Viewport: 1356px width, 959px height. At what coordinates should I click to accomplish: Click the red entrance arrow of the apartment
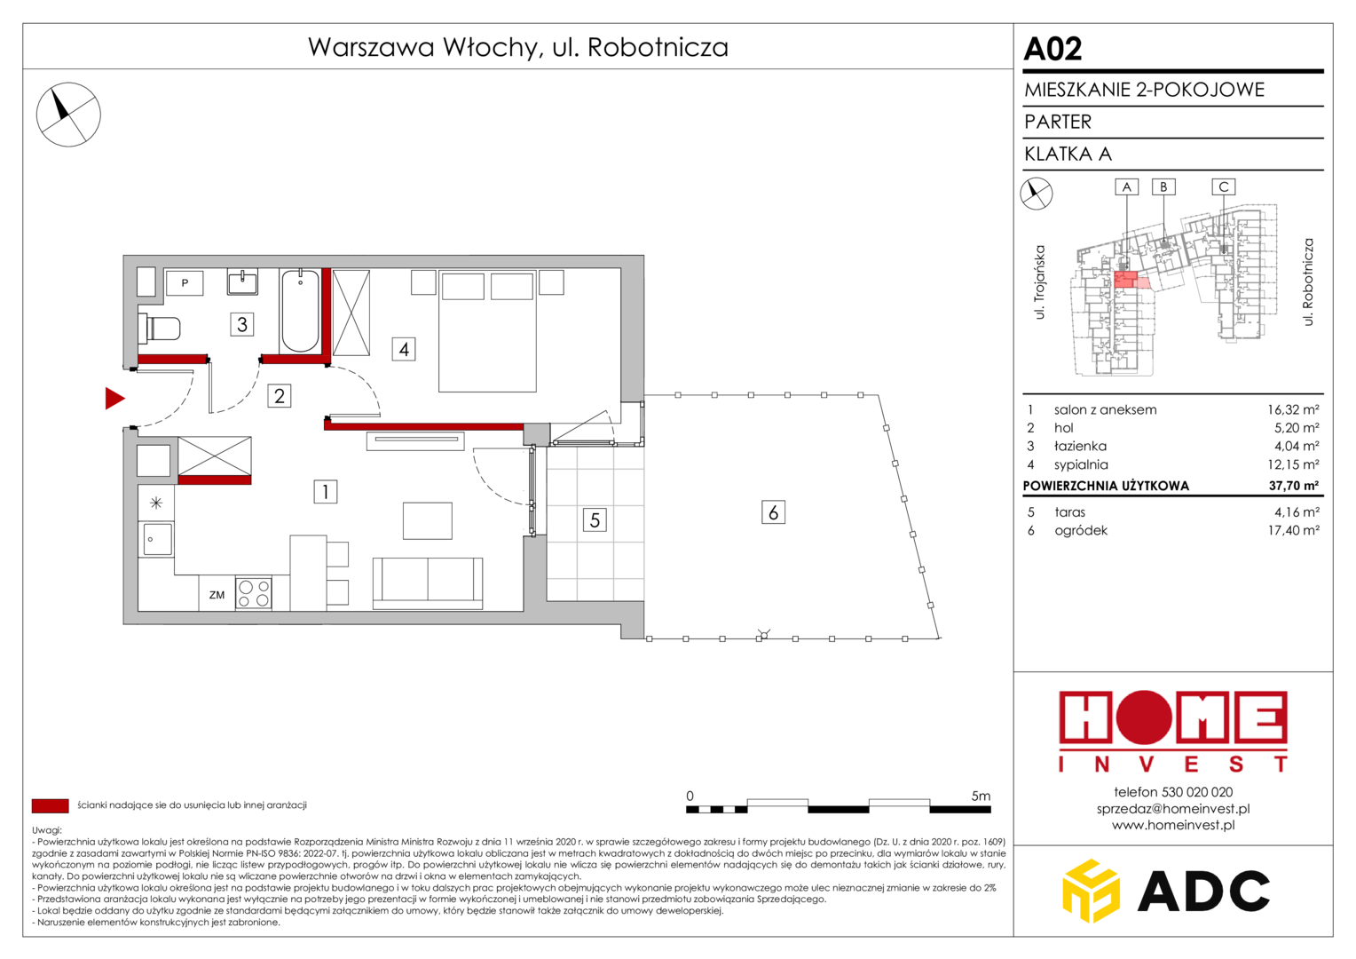[x=114, y=398]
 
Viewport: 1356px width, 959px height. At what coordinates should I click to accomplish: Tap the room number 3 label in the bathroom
[x=241, y=324]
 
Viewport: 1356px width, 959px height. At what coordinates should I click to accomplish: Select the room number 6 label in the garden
[x=773, y=512]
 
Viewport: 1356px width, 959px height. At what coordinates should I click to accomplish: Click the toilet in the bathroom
[x=159, y=329]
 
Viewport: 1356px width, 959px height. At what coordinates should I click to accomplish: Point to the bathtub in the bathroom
[x=300, y=311]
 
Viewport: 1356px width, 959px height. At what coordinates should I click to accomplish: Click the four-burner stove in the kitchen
[x=254, y=593]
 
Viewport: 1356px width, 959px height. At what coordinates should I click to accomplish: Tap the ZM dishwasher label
[x=217, y=595]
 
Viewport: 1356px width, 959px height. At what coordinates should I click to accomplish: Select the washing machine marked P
[x=185, y=282]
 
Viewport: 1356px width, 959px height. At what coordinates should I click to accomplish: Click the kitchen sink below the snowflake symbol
[x=155, y=538]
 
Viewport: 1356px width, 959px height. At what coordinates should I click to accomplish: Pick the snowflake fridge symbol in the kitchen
[x=156, y=503]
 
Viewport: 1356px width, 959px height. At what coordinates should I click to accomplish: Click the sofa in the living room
[x=428, y=583]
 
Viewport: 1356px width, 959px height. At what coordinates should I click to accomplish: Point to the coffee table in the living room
[x=428, y=520]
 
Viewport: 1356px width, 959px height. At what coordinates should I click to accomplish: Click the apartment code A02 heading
[x=1052, y=49]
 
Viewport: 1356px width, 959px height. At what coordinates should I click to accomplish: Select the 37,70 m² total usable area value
[x=1294, y=485]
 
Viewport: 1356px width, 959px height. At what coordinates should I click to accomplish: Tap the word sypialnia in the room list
[x=1081, y=464]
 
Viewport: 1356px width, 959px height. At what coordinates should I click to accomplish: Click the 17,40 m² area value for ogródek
[x=1294, y=530]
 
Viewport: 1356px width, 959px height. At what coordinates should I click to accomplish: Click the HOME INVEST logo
[x=1173, y=732]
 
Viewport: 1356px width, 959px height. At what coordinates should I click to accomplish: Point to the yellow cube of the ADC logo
[x=1091, y=891]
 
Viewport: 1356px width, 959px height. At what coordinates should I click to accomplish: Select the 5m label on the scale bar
[x=981, y=796]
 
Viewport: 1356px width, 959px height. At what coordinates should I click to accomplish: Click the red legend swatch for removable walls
[x=51, y=805]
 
